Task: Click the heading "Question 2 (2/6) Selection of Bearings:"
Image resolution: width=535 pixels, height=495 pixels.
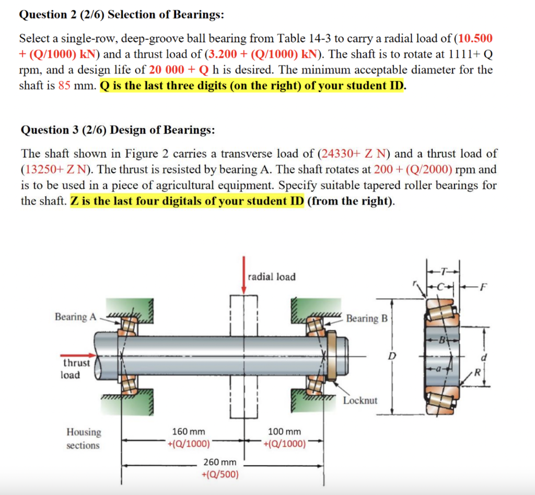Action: (122, 15)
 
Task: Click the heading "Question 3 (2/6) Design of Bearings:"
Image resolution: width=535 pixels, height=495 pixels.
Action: (118, 130)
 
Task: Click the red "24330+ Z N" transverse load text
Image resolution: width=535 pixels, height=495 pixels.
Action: (355, 154)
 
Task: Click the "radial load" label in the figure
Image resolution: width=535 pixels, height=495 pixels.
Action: (272, 277)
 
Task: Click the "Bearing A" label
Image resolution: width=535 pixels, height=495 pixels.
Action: (76, 317)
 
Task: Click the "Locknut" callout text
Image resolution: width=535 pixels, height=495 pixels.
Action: (360, 401)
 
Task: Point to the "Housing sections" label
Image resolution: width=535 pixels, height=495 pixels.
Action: (84, 438)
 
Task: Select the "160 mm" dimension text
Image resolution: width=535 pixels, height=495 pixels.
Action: (189, 432)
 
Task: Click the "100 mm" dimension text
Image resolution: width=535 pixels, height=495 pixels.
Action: (284, 432)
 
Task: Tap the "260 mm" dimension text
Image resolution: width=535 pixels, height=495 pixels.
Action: (219, 463)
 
